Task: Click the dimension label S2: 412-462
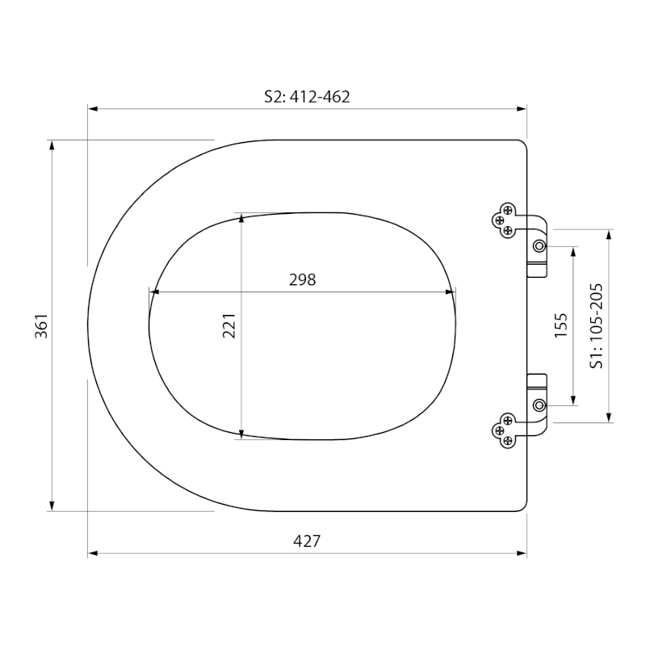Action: pyautogui.click(x=307, y=97)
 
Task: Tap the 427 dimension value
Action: pyautogui.click(x=307, y=540)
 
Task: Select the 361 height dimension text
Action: pyautogui.click(x=41, y=326)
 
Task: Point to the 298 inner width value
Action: pyautogui.click(x=302, y=279)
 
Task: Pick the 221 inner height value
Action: pyautogui.click(x=229, y=325)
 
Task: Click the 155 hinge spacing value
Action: pyautogui.click(x=560, y=325)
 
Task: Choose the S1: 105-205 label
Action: pyautogui.click(x=596, y=325)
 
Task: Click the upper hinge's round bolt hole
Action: pyautogui.click(x=539, y=246)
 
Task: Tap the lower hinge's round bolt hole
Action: pyautogui.click(x=539, y=405)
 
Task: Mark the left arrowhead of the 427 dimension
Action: pyautogui.click(x=93, y=553)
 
